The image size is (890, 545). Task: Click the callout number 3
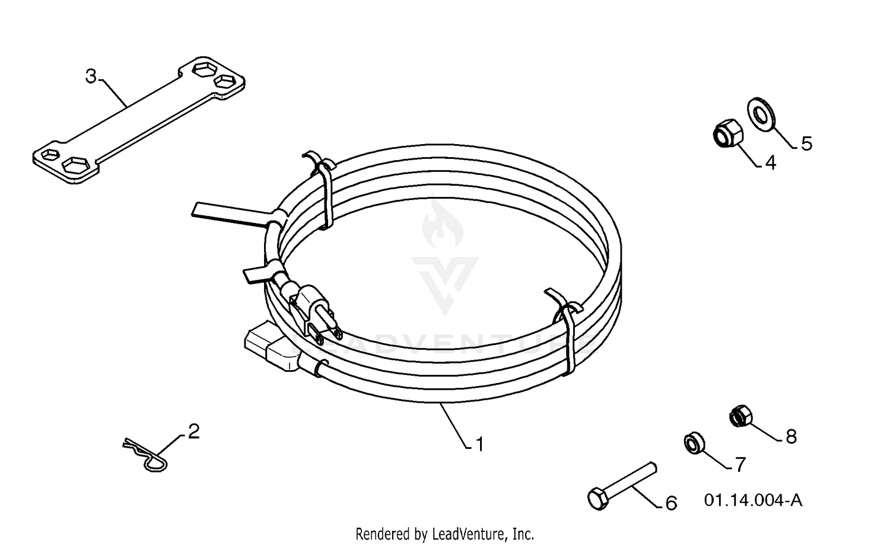click(91, 77)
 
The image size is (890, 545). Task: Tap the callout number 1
click(480, 445)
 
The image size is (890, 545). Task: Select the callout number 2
click(193, 431)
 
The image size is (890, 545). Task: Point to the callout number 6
click(671, 503)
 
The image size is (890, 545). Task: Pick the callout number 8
click(791, 436)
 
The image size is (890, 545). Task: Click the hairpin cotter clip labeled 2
click(145, 455)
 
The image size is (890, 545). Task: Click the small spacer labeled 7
click(695, 442)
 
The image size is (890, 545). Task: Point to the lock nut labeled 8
click(740, 416)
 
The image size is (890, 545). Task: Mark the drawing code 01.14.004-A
click(754, 500)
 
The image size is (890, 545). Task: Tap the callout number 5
click(806, 144)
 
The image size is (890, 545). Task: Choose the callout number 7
click(740, 464)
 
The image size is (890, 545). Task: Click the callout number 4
click(770, 162)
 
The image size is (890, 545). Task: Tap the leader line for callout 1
click(454, 425)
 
